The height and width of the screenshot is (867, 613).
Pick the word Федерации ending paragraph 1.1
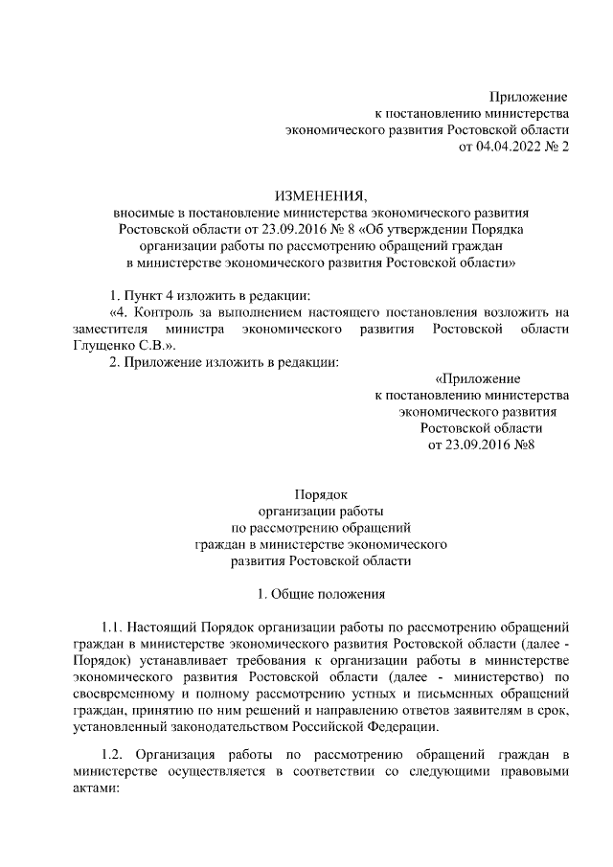(396, 725)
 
